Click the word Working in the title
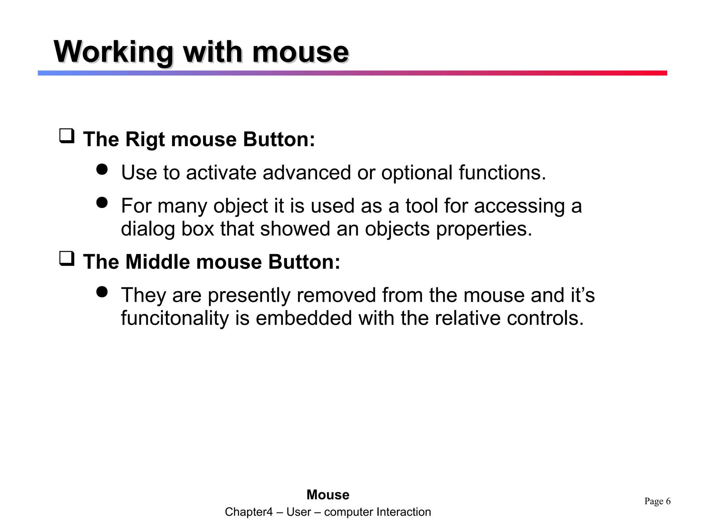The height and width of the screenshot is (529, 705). (x=113, y=52)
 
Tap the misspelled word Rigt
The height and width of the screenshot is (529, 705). (x=145, y=140)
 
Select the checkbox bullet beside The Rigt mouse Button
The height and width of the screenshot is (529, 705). (x=67, y=136)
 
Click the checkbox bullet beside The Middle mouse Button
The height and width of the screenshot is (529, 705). (x=67, y=259)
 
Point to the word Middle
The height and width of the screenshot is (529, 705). (x=157, y=262)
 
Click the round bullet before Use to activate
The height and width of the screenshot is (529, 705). (x=102, y=169)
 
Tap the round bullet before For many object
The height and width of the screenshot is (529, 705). (x=102, y=203)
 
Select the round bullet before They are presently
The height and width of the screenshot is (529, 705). (x=102, y=292)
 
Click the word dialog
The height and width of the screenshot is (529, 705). (x=148, y=229)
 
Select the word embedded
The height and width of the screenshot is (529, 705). (x=304, y=318)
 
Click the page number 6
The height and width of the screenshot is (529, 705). (x=668, y=501)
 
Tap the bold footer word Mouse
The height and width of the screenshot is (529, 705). (x=328, y=495)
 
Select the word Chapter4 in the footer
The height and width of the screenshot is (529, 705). (x=249, y=512)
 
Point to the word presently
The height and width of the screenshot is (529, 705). (x=249, y=296)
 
